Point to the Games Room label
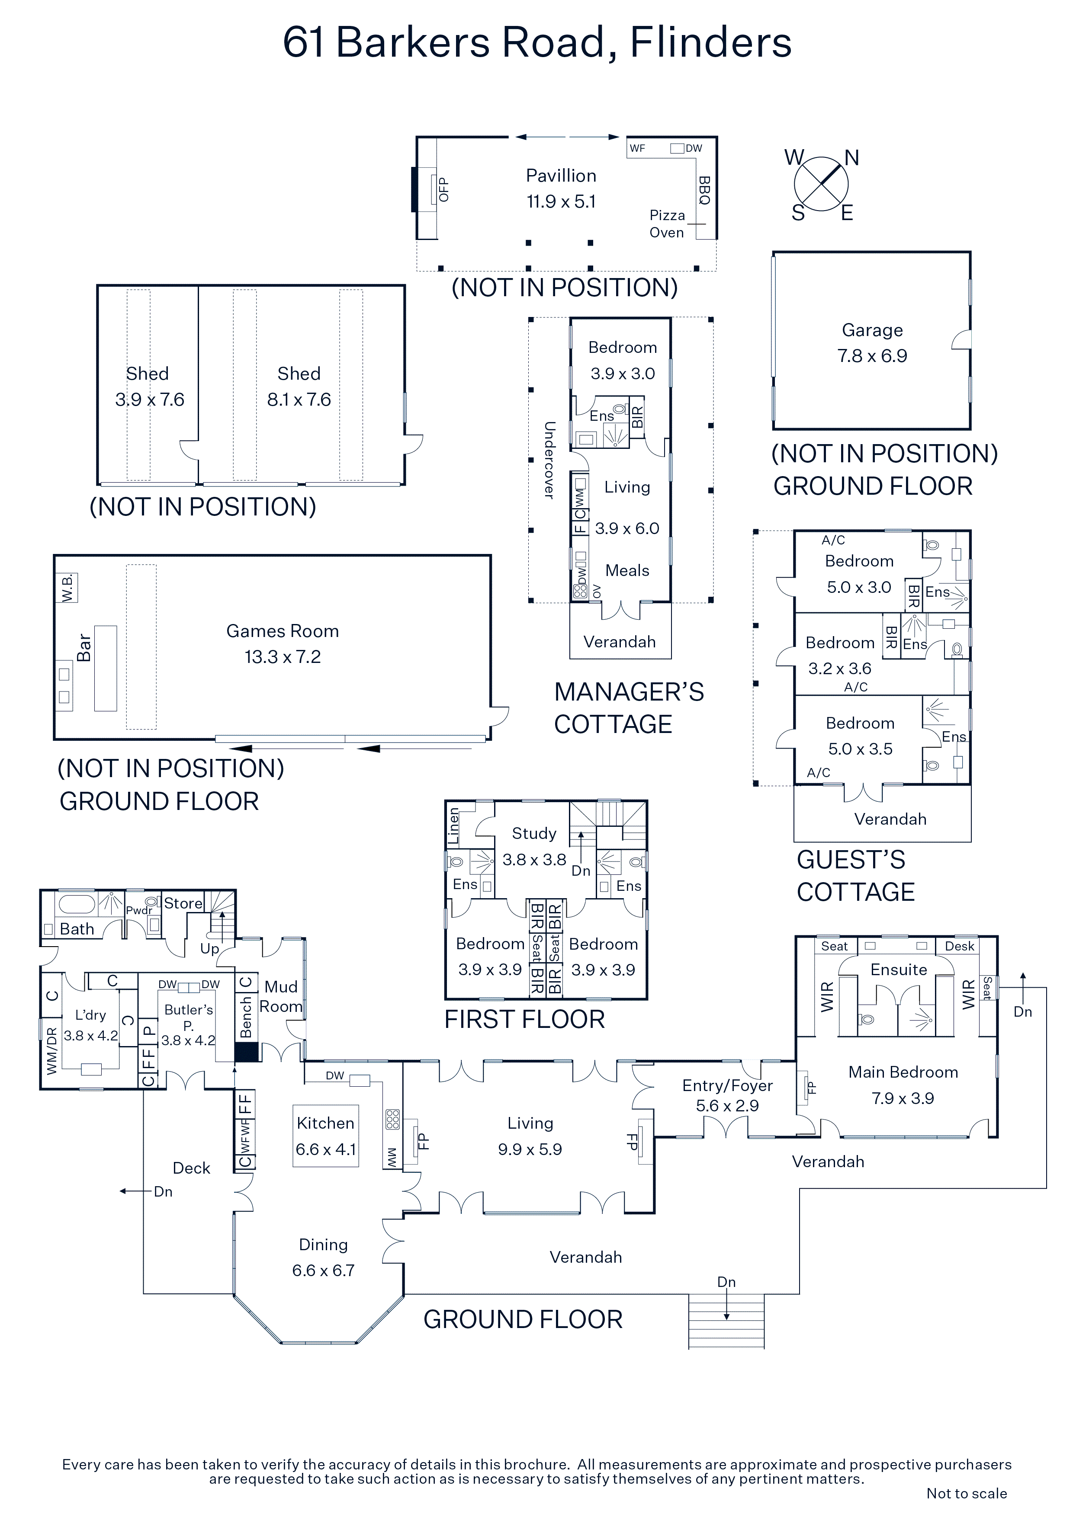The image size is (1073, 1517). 282,631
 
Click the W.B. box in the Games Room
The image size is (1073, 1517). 67,587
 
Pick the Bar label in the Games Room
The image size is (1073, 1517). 84,647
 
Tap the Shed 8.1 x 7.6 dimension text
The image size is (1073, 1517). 299,400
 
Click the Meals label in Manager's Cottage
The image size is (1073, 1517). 627,570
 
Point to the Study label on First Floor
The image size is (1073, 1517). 534,834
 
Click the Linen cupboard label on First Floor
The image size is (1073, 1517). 453,826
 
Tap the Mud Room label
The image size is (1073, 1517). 281,996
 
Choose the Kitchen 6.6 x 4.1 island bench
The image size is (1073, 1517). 326,1136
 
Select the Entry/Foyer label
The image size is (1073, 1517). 727,1085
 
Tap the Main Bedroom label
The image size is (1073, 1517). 903,1072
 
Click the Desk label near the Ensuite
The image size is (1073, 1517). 959,946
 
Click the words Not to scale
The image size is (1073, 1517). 967,1493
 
